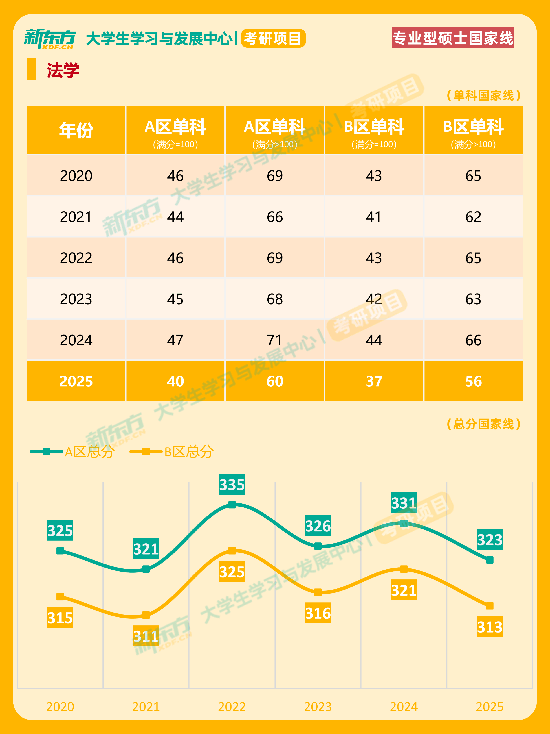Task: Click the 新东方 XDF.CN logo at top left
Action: [50, 39]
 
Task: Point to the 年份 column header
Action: [76, 130]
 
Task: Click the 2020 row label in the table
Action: [76, 176]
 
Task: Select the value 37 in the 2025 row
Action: [374, 381]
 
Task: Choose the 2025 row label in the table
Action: [76, 381]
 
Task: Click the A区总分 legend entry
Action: [72, 452]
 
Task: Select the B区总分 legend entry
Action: [172, 452]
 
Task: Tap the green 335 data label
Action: [232, 484]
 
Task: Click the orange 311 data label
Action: [146, 636]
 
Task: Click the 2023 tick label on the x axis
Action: [318, 707]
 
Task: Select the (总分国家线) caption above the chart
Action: [484, 424]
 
